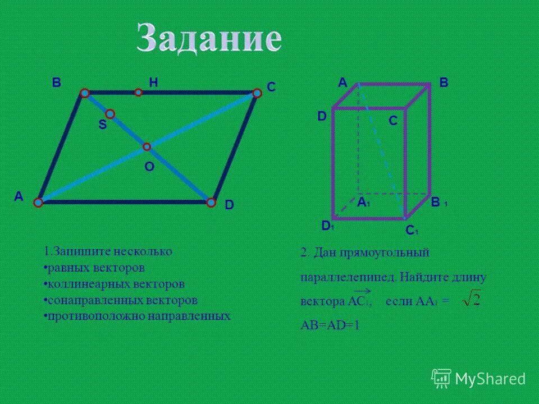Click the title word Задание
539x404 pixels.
point(209,40)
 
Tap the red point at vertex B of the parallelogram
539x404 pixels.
point(85,93)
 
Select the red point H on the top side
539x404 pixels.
point(138,92)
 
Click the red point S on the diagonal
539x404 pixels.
point(110,114)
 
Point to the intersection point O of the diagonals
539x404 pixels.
point(147,146)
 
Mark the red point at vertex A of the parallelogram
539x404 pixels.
point(38,202)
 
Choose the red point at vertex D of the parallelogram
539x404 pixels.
point(211,202)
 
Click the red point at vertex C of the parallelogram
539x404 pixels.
point(256,94)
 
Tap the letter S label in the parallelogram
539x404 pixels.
point(102,126)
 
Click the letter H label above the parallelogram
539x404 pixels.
point(153,82)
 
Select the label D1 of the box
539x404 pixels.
point(327,226)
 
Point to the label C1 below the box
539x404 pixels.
point(412,230)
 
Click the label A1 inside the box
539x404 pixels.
point(364,203)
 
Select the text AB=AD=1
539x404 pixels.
point(330,325)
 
